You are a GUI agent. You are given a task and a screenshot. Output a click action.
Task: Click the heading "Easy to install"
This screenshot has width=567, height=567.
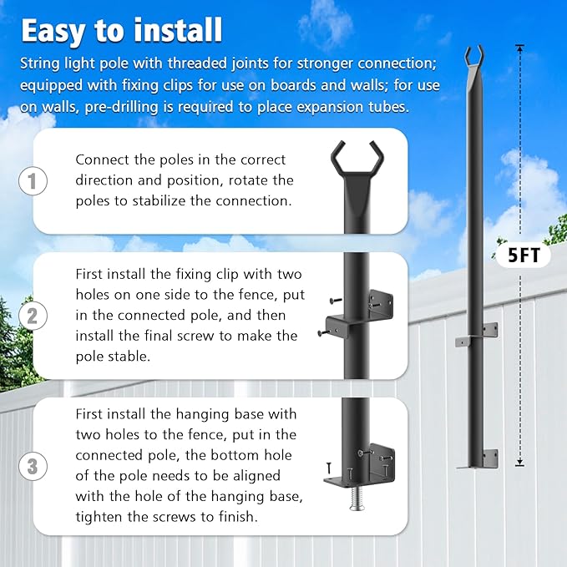[122, 30]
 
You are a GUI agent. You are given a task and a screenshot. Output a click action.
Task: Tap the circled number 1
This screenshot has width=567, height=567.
[32, 181]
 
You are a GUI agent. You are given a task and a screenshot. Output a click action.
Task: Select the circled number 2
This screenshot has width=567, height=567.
[32, 316]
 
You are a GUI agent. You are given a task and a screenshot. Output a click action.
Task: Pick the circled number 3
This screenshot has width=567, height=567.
[32, 466]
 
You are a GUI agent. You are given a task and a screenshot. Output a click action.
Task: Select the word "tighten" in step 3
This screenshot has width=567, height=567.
[99, 517]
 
